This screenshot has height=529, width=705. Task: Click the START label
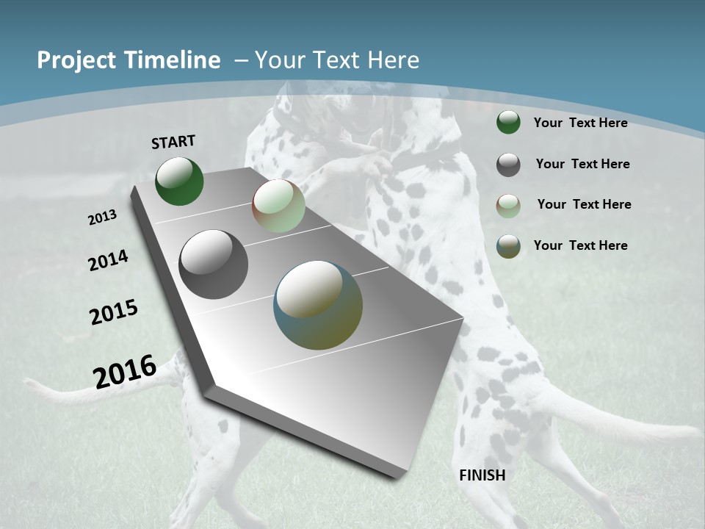click(173, 142)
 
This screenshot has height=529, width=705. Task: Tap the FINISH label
click(482, 475)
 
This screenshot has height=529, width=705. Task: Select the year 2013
click(103, 217)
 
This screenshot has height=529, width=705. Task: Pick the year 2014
click(108, 260)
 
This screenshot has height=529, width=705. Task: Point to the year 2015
click(114, 312)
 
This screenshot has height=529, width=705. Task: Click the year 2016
click(125, 371)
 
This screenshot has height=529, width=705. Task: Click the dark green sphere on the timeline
click(179, 181)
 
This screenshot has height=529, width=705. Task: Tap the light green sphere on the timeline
click(278, 206)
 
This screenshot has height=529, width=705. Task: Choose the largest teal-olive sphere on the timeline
click(318, 305)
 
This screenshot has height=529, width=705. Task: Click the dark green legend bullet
click(508, 123)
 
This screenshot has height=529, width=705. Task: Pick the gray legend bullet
click(508, 165)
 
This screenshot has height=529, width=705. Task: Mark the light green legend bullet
click(508, 205)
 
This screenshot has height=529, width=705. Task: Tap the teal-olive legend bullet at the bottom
click(508, 246)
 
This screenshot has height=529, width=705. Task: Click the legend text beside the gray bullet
click(582, 164)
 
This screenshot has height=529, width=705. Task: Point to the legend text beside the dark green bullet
click(580, 123)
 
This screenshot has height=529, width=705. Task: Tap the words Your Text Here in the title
click(337, 60)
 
